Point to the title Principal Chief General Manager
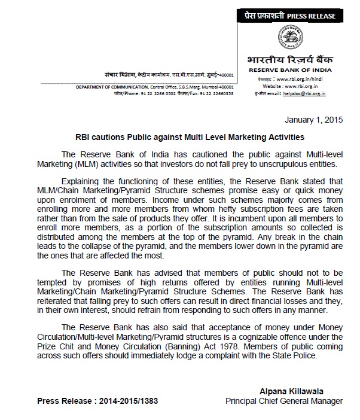coord(283,400)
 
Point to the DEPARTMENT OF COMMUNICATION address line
coord(154,87)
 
